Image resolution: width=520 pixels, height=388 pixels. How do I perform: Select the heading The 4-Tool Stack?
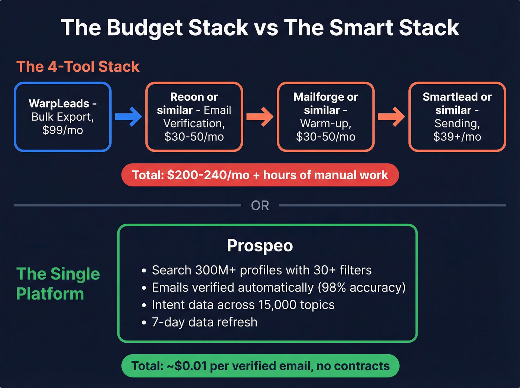click(x=78, y=67)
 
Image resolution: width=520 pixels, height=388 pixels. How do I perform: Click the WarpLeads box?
click(x=63, y=117)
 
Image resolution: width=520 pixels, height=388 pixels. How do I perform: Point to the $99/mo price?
click(x=63, y=130)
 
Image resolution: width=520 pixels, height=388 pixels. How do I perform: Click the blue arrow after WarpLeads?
click(x=128, y=117)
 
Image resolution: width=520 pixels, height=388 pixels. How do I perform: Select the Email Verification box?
click(x=194, y=117)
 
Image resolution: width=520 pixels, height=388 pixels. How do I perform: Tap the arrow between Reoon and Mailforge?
click(x=260, y=117)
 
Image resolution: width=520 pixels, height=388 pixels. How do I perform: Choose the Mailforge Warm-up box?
click(x=326, y=117)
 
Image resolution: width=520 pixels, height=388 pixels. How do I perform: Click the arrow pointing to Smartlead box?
click(x=391, y=117)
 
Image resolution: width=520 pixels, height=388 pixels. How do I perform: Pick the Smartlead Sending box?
click(x=457, y=117)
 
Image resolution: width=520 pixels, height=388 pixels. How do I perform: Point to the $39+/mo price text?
click(x=457, y=137)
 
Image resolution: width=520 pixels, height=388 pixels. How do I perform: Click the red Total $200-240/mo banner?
click(x=260, y=175)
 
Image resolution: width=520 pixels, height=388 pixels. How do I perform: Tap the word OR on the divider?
click(x=260, y=205)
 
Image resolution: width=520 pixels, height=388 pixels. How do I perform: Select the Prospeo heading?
click(x=260, y=246)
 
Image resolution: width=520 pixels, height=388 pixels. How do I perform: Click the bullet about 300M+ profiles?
click(x=261, y=270)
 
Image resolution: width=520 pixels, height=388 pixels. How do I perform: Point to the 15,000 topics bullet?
click(x=243, y=305)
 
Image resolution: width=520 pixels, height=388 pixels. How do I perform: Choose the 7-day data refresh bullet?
click(x=204, y=322)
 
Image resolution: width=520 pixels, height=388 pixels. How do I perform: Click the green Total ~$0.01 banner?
click(x=260, y=366)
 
